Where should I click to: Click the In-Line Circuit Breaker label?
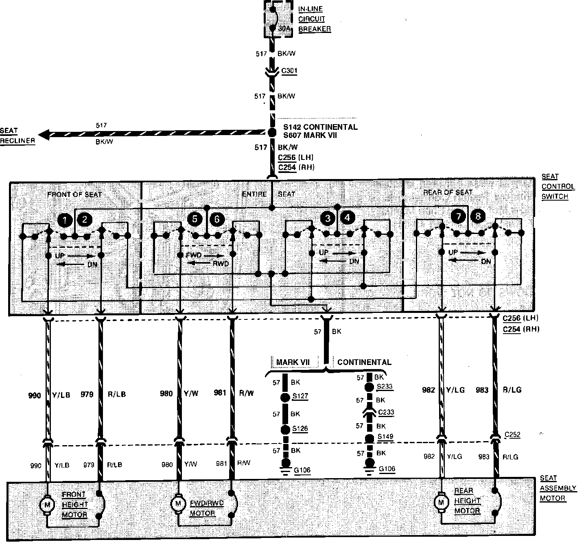pos(314,19)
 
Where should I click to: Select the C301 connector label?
pos(289,71)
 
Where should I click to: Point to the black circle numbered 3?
pos(328,219)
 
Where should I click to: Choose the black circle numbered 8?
pos(478,216)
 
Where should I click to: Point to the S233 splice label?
pos(384,387)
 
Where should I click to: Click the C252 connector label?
pos(512,435)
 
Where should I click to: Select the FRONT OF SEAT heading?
pos(74,195)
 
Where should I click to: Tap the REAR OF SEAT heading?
pos(448,192)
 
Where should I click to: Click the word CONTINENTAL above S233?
pos(364,363)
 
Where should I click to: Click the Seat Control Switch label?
pos(558,187)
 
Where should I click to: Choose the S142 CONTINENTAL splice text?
pos(320,127)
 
